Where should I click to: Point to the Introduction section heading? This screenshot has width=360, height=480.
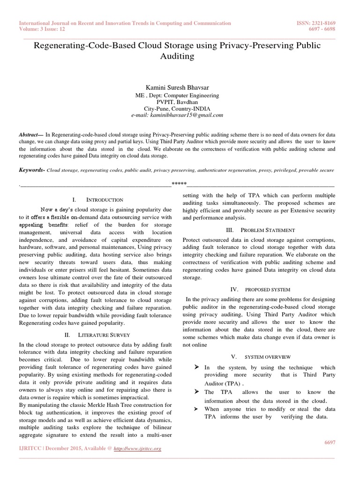[x=102, y=200]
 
